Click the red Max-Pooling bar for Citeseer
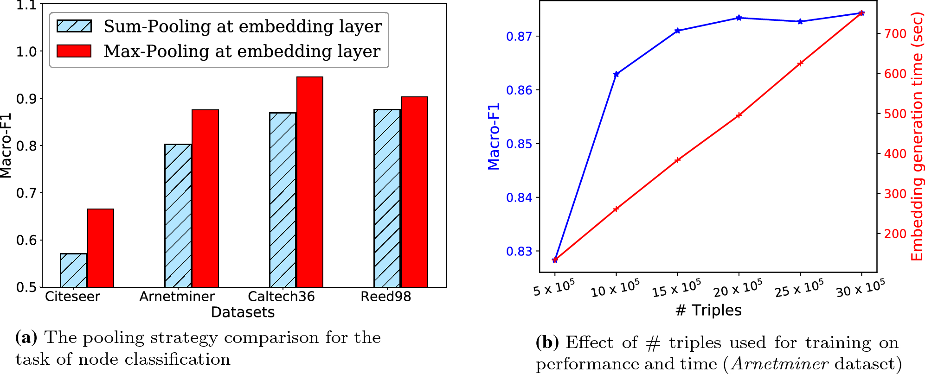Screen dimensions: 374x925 [x=101, y=248]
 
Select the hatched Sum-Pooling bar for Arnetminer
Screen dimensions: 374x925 [x=178, y=216]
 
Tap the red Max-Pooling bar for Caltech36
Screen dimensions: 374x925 [x=310, y=182]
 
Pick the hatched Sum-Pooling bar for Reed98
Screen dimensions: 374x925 [x=387, y=198]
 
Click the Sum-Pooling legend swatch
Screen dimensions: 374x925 [x=74, y=26]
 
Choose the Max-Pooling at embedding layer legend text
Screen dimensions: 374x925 [x=242, y=51]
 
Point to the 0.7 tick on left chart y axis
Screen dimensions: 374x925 [x=26, y=193]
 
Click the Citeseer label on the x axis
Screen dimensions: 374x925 [x=72, y=297]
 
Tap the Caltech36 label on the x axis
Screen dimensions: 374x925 [x=281, y=297]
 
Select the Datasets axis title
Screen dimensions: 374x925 [x=243, y=312]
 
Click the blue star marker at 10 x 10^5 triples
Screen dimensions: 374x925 [x=616, y=74]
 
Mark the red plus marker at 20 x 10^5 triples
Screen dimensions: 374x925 [x=739, y=115]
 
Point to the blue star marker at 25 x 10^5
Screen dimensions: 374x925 [x=800, y=22]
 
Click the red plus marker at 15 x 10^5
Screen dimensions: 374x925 [x=677, y=160]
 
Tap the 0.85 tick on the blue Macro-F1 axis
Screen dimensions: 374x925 [x=519, y=144]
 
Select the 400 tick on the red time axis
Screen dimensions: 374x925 [x=895, y=153]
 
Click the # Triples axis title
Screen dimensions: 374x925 [x=708, y=310]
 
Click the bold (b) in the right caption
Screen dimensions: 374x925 [x=547, y=343]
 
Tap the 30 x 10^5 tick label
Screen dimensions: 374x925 [x=861, y=289]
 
